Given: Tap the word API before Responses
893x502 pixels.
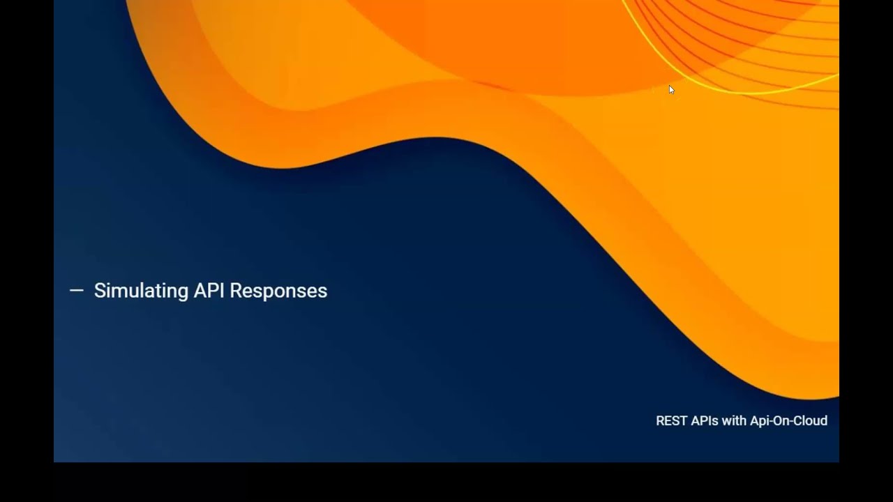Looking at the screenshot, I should pyautogui.click(x=209, y=291).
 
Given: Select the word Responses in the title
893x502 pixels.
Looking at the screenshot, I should pyautogui.click(x=278, y=291).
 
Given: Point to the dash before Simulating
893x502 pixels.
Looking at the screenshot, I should pyautogui.click(x=77, y=291).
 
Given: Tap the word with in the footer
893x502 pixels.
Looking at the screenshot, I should pyautogui.click(x=735, y=421).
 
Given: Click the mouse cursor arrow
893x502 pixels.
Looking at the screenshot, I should pyautogui.click(x=671, y=89).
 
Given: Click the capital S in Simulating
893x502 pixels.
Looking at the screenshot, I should pyautogui.click(x=99, y=291).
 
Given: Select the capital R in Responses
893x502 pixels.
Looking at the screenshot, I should pyautogui.click(x=236, y=291).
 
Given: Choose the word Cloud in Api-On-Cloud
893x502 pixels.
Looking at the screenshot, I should pyautogui.click(x=810, y=421).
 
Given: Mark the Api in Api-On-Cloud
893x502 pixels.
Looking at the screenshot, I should pyautogui.click(x=759, y=421).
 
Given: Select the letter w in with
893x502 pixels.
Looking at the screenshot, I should pyautogui.click(x=727, y=421).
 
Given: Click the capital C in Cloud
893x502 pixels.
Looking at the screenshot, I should pyautogui.click(x=797, y=421).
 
